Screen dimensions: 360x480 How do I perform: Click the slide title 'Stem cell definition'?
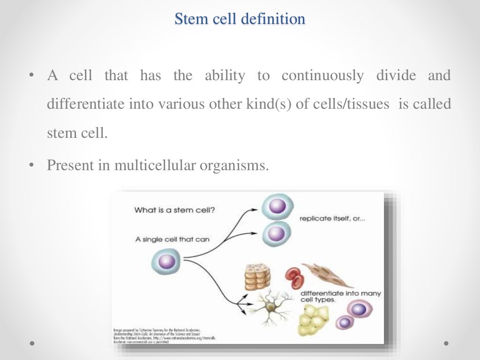(x=240, y=19)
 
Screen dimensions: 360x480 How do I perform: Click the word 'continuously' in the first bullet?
(x=322, y=76)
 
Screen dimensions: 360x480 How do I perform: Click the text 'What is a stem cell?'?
(x=175, y=210)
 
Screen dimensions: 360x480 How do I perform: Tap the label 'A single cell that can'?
(x=172, y=239)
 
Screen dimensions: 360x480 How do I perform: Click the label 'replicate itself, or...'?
(x=333, y=219)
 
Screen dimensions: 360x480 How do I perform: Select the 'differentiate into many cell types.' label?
(x=339, y=297)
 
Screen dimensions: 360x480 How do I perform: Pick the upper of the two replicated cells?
(x=277, y=206)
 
